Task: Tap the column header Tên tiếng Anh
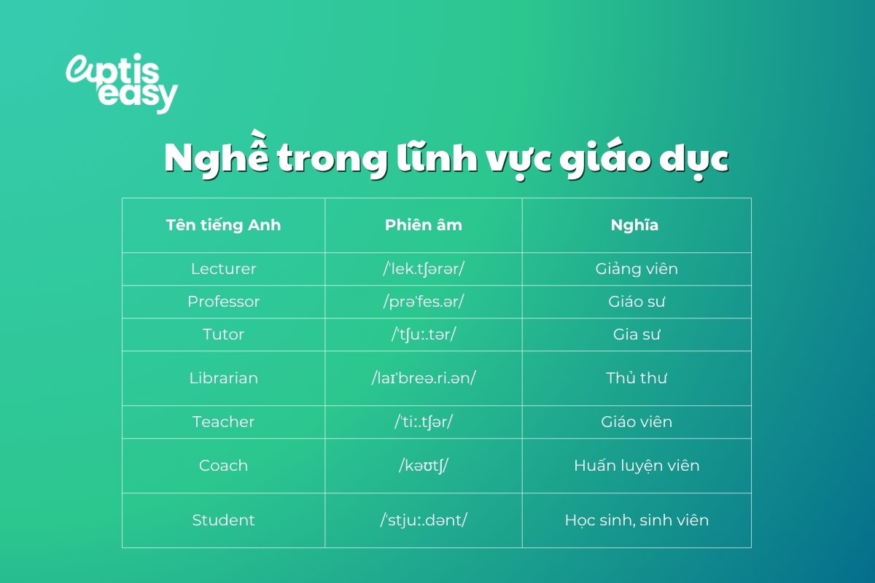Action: coord(223,224)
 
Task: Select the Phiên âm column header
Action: coord(424,224)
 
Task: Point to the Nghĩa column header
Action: coord(634,224)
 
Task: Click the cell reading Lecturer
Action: coord(223,268)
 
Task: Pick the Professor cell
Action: coord(223,301)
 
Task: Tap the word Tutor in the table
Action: coord(223,334)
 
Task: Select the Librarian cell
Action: coord(223,377)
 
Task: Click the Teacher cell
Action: coord(223,421)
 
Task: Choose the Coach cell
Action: coord(223,465)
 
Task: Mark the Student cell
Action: coord(223,520)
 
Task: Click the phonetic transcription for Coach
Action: coord(424,465)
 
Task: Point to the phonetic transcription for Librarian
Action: coord(424,377)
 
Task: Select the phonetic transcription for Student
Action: coord(424,520)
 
